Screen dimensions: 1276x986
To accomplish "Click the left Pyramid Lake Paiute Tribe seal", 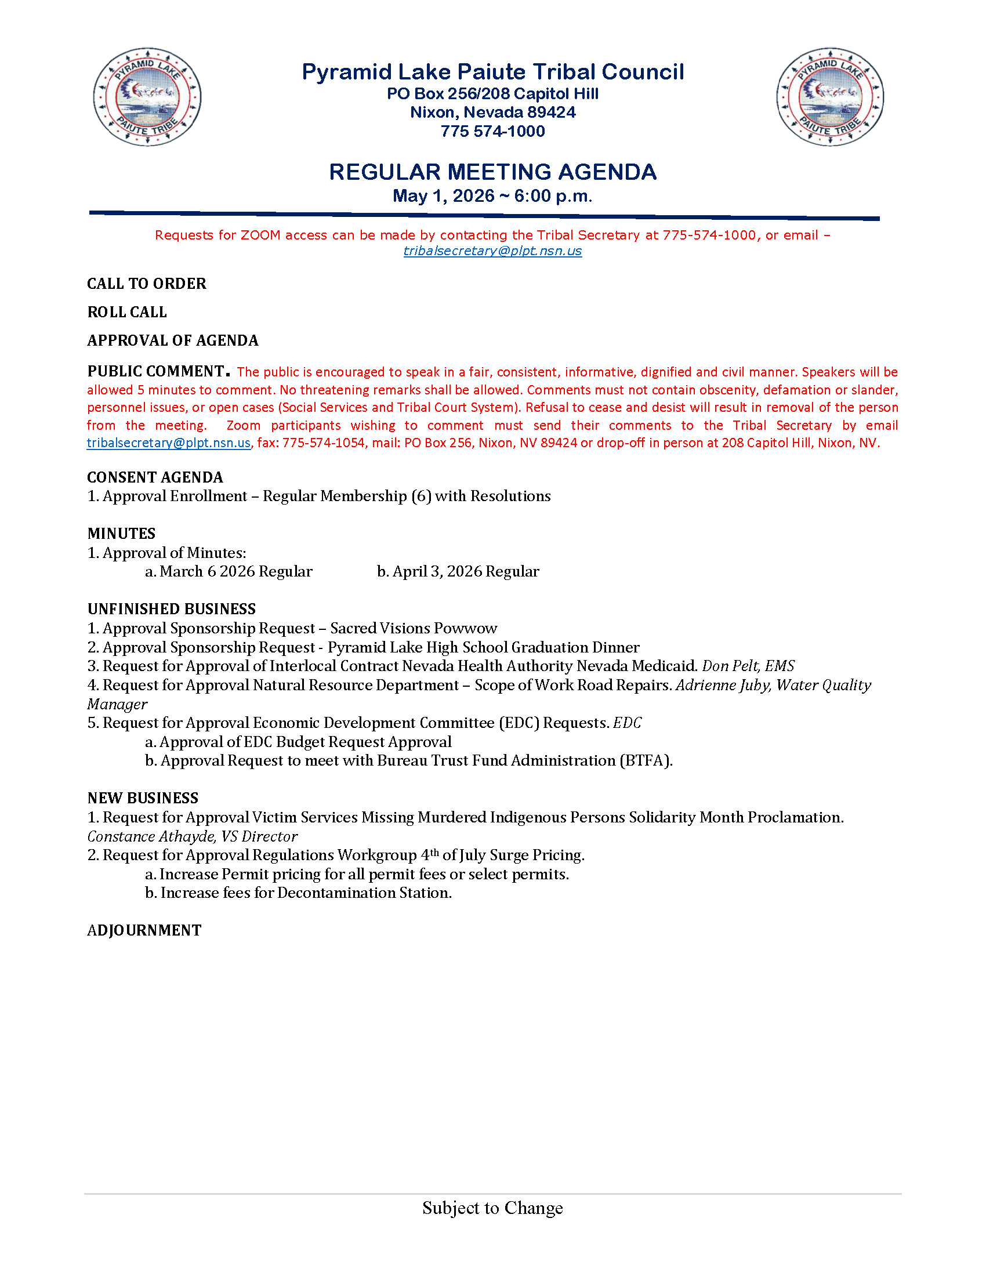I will tap(147, 97).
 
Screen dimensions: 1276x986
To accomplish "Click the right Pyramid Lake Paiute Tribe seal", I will tap(830, 97).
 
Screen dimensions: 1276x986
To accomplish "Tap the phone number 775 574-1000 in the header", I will tap(492, 131).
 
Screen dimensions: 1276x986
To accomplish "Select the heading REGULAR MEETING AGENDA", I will tap(492, 172).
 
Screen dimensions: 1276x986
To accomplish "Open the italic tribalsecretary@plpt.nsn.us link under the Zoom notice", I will tap(492, 251).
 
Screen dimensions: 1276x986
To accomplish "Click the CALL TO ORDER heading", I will tap(147, 284).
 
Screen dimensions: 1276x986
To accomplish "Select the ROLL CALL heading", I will tap(127, 312).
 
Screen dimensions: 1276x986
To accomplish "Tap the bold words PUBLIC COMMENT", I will tap(156, 371).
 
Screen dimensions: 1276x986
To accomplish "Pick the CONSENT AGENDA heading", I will tap(155, 477).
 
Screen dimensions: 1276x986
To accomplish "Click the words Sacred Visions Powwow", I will tap(414, 628).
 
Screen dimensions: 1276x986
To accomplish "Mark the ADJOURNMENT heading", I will tap(144, 930).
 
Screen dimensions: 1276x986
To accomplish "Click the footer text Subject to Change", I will tap(492, 1208).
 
